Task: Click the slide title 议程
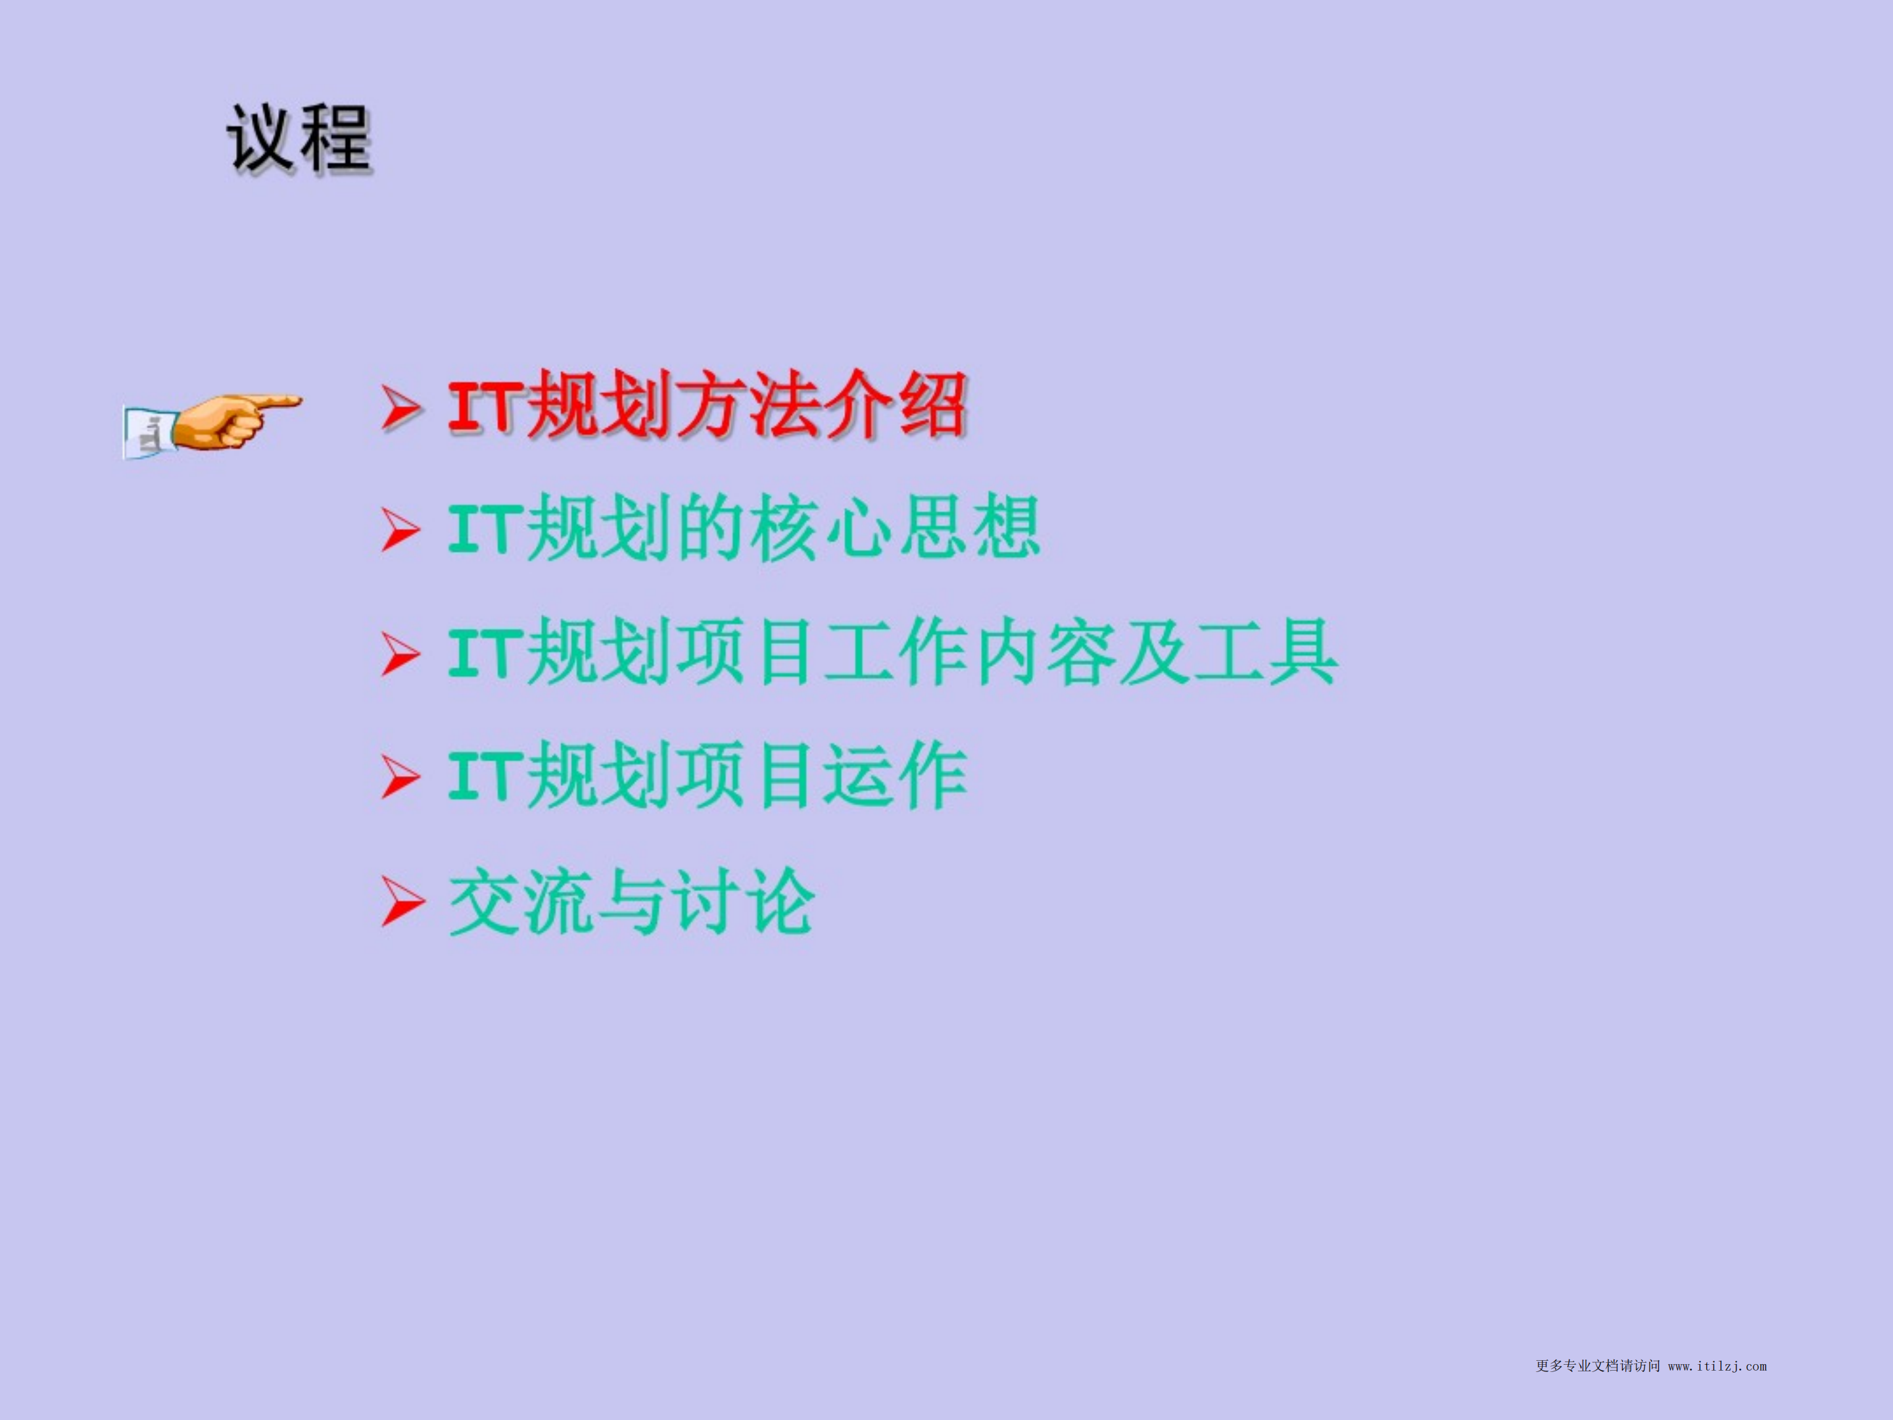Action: tap(299, 139)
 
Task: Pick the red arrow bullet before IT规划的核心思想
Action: tap(400, 530)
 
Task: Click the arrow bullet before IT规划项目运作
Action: tap(400, 777)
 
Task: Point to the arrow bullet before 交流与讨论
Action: tap(402, 901)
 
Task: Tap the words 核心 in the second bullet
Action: tap(819, 528)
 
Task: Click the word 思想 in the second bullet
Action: tap(968, 528)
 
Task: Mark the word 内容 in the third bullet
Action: tap(1042, 652)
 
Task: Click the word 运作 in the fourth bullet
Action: tap(894, 775)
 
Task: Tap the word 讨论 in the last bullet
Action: tap(743, 900)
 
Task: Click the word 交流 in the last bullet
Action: tap(522, 900)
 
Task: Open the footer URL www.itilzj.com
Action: tap(1717, 1366)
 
